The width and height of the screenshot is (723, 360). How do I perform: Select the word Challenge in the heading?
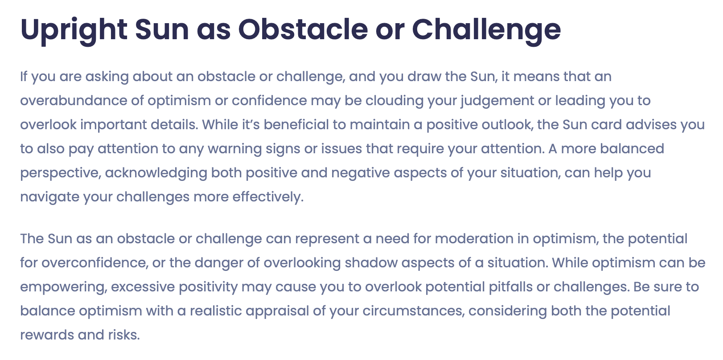click(x=486, y=31)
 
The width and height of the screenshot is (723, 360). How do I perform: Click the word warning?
click(x=234, y=149)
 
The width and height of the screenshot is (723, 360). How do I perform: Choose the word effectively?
click(x=268, y=197)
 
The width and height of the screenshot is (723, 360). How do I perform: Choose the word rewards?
click(x=47, y=335)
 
